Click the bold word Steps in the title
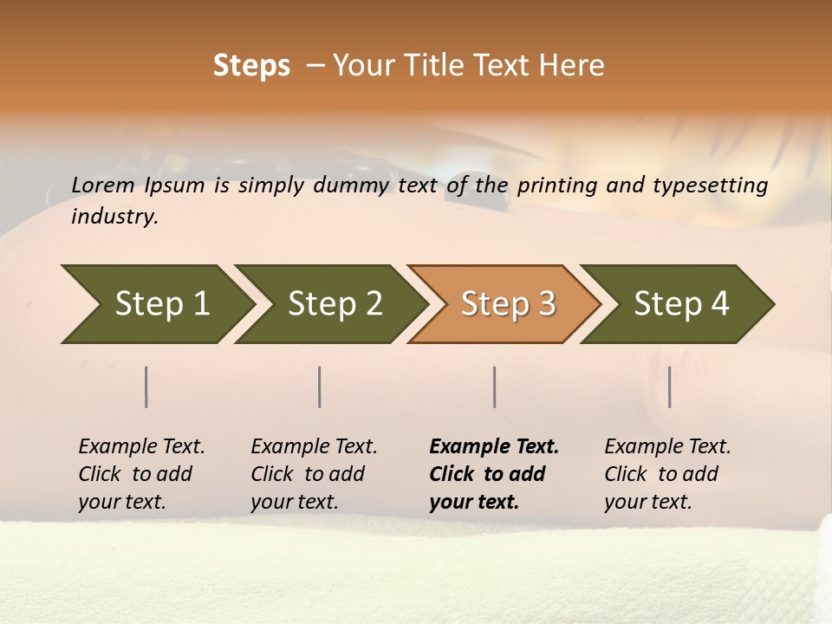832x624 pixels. click(x=251, y=66)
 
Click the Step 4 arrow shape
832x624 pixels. click(x=678, y=304)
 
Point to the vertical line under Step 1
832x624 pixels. click(x=146, y=387)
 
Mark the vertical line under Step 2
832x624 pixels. click(x=320, y=387)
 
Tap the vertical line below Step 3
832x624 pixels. click(x=494, y=387)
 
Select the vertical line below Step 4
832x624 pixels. click(x=669, y=387)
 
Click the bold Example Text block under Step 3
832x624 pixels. click(x=494, y=474)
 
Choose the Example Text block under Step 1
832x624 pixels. click(x=141, y=474)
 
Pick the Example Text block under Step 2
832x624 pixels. click(x=314, y=474)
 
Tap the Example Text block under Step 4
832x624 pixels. click(x=667, y=474)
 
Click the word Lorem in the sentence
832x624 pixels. click(x=103, y=185)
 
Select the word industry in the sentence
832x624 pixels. click(x=114, y=217)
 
